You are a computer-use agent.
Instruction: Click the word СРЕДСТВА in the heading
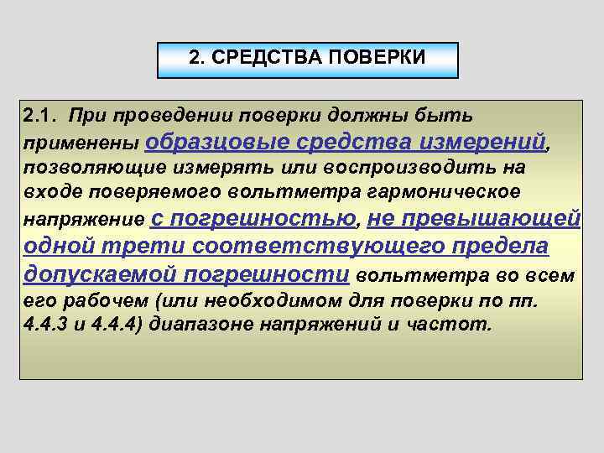pos(256,59)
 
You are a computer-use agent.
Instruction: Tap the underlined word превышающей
pos(487,220)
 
